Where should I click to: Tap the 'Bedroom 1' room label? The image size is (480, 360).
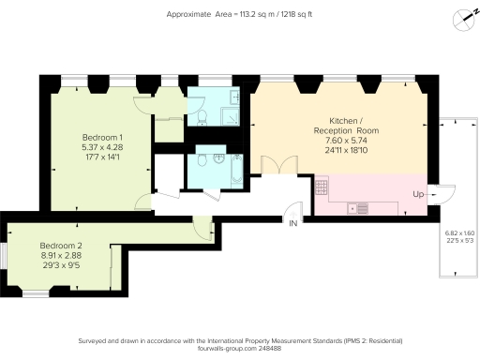coord(102,137)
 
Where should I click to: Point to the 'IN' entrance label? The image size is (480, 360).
coord(292,224)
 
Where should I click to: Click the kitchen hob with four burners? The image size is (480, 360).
coord(321,186)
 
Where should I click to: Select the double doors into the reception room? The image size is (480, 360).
coord(270,165)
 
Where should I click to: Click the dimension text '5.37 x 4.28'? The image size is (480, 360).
coord(102,147)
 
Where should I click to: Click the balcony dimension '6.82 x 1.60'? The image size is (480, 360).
coord(458,232)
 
